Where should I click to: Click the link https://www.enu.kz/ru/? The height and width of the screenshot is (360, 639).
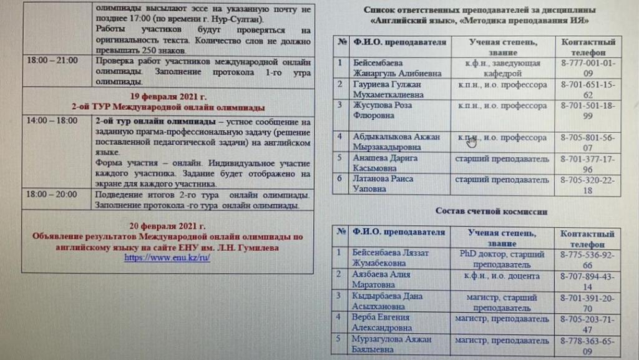pyautogui.click(x=167, y=257)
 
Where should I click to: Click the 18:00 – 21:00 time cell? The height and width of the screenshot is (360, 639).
pyautogui.click(x=52, y=61)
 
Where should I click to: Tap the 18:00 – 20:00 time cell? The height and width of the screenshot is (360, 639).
pyautogui.click(x=52, y=194)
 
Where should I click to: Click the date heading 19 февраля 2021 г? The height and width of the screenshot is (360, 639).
pyautogui.click(x=168, y=96)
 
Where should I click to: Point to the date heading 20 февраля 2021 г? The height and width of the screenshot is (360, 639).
pyautogui.click(x=168, y=226)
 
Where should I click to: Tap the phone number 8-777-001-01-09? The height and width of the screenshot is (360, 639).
pyautogui.click(x=587, y=67)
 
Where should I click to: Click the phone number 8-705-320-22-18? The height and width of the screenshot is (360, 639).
pyautogui.click(x=587, y=184)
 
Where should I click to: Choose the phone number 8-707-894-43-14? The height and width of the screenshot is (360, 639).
pyautogui.click(x=587, y=280)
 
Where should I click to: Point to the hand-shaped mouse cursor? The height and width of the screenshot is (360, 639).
pyautogui.click(x=472, y=142)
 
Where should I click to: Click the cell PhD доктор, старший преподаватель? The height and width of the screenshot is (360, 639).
pyautogui.click(x=502, y=259)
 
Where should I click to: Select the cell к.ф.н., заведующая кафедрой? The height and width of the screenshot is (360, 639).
pyautogui.click(x=502, y=67)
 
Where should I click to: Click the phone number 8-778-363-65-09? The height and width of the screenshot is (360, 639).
pyautogui.click(x=587, y=344)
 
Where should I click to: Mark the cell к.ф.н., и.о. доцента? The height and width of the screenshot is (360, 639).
pyautogui.click(x=502, y=275)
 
